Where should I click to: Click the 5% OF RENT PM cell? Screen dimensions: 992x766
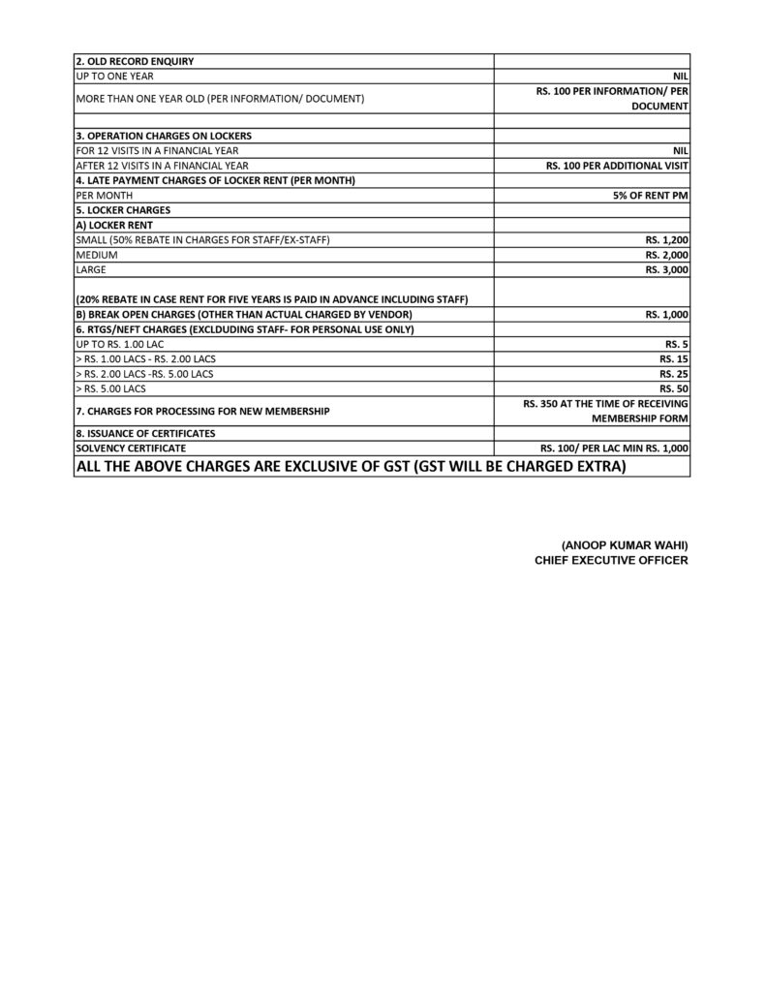[x=651, y=195]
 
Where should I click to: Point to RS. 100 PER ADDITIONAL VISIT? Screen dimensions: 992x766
[x=617, y=166]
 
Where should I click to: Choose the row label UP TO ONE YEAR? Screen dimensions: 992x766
[x=113, y=76]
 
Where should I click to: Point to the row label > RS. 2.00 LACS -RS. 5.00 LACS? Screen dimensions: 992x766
[x=144, y=374]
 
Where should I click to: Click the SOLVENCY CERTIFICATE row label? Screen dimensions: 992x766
[x=131, y=449]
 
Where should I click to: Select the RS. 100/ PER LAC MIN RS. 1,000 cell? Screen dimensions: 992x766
[x=614, y=449]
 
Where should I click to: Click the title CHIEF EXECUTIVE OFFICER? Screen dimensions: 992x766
[x=611, y=560]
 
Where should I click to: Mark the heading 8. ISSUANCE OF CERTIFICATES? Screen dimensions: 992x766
[x=145, y=433]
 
